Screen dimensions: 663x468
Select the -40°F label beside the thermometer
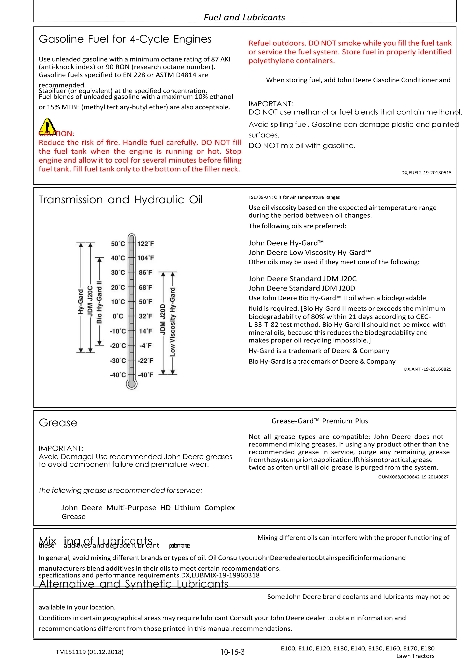pyautogui.click(x=146, y=375)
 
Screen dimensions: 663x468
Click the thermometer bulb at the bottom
pyautogui.click(x=132, y=384)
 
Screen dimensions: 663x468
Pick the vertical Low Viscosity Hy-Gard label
pyautogui.click(x=172, y=322)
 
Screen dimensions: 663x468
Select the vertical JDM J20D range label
pyautogui.click(x=163, y=319)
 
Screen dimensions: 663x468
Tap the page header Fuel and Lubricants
pyautogui.click(x=244, y=18)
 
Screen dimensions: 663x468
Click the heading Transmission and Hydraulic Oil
pyautogui.click(x=121, y=200)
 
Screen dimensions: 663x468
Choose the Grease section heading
pyautogui.click(x=58, y=423)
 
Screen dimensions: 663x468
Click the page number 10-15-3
pyautogui.click(x=232, y=652)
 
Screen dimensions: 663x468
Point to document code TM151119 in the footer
pyautogui.click(x=90, y=652)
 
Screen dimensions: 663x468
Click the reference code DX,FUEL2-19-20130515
pyautogui.click(x=426, y=173)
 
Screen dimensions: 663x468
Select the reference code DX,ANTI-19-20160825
pyautogui.click(x=428, y=369)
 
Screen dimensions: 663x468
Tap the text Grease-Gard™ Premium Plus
pyautogui.click(x=320, y=421)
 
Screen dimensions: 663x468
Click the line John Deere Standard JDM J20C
pyautogui.click(x=303, y=279)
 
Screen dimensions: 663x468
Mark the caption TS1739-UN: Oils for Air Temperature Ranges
pyautogui.click(x=294, y=197)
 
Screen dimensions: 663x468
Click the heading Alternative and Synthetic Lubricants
pyautogui.click(x=133, y=584)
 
